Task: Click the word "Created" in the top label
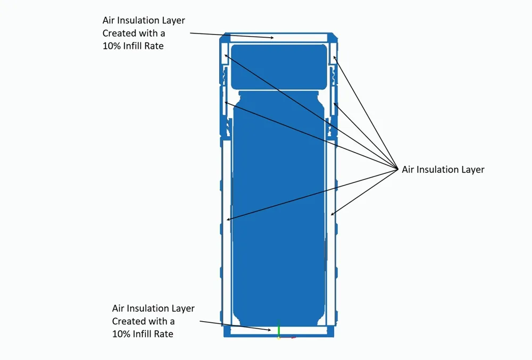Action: point(119,33)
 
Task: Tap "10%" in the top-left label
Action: point(111,46)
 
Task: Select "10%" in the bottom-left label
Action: point(121,334)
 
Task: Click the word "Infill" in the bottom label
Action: point(142,334)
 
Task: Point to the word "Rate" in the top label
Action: point(154,46)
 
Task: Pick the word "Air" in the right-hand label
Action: point(408,170)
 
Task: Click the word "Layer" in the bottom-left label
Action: point(183,308)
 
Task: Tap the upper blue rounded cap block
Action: point(279,66)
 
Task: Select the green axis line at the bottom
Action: point(279,328)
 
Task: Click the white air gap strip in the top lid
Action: point(278,37)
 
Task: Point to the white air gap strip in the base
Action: point(279,331)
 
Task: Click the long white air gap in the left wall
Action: point(226,230)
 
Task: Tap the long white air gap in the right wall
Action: point(330,230)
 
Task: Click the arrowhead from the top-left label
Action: point(272,38)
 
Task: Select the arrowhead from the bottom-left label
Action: point(269,329)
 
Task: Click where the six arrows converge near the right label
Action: point(397,169)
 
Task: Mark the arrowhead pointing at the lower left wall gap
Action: point(229,220)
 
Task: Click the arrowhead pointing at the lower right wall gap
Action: point(332,214)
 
